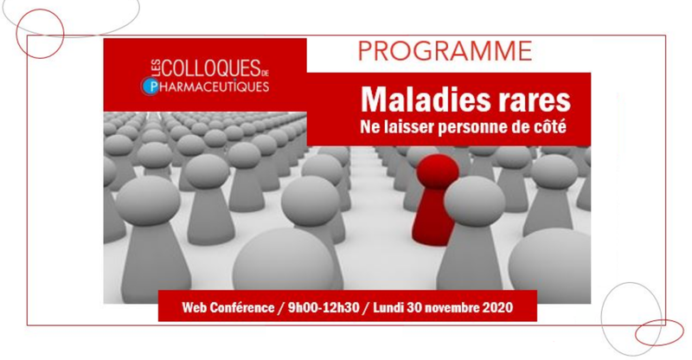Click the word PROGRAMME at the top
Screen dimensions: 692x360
pyautogui.click(x=445, y=51)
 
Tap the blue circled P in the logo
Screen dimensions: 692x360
pyautogui.click(x=151, y=87)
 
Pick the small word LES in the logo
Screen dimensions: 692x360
pyautogui.click(x=155, y=69)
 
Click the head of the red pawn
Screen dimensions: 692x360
pyautogui.click(x=438, y=171)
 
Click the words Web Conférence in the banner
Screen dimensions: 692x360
pyautogui.click(x=227, y=307)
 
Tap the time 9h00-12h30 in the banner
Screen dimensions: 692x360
pyautogui.click(x=324, y=307)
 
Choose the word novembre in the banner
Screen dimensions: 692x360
pyautogui.click(x=455, y=307)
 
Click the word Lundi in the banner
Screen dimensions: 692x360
pyautogui.click(x=388, y=307)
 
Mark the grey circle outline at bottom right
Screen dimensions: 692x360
pyautogui.click(x=601, y=318)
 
